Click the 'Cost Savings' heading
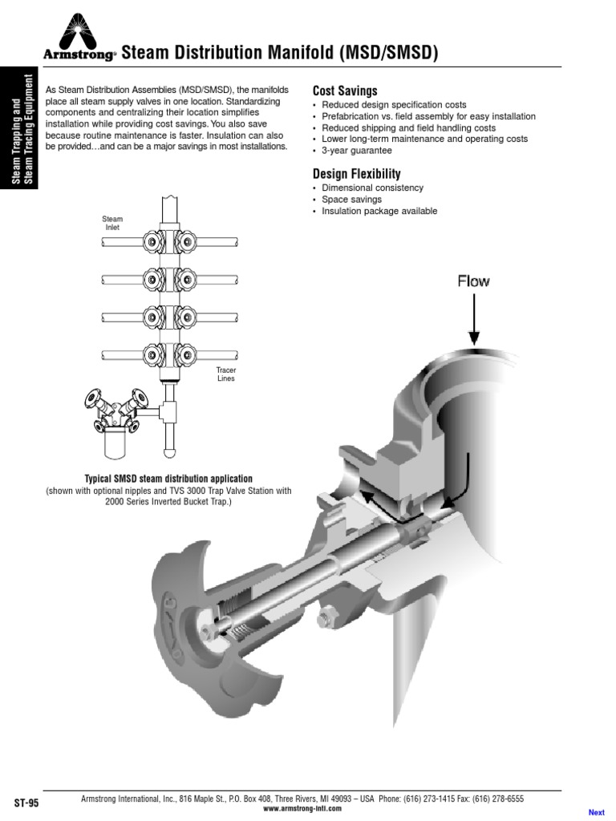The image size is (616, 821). coord(344,91)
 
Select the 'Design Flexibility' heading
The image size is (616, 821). coord(356,174)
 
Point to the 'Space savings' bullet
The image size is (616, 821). coord(351,200)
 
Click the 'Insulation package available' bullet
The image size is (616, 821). coord(379,211)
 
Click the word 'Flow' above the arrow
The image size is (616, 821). coord(473,281)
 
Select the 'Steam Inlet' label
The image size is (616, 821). coord(112,223)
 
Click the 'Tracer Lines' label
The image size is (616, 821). coord(226,374)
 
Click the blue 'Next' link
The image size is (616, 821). coord(596,812)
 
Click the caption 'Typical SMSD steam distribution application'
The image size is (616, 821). coord(163,479)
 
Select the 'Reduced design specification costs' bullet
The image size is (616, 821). coord(394,105)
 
